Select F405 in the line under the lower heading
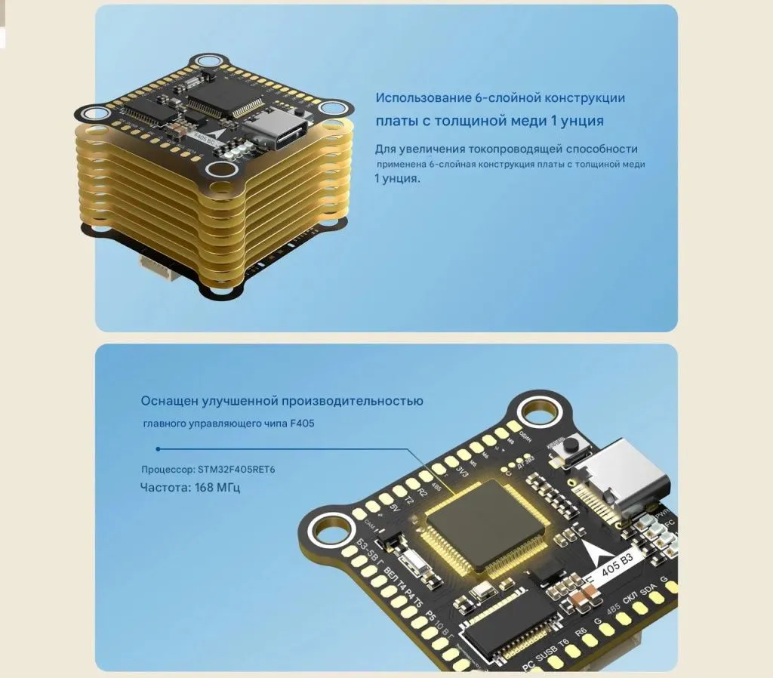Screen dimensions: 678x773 (x=303, y=424)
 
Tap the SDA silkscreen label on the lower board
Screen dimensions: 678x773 (x=648, y=590)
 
